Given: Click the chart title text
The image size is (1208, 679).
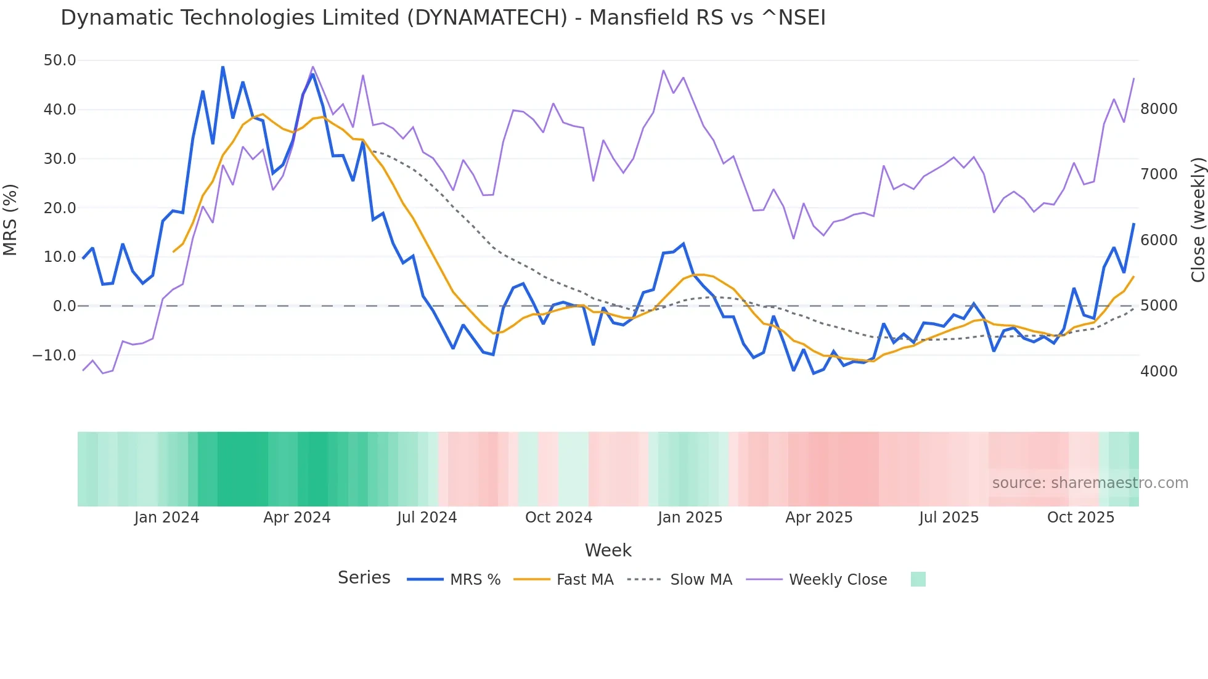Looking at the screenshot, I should coord(443,18).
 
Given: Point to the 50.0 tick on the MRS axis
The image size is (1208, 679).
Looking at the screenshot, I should coord(60,60).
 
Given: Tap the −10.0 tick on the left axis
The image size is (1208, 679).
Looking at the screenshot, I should coord(54,356).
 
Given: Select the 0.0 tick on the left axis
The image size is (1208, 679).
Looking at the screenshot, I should coord(64,306).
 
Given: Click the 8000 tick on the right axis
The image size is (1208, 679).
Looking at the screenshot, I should coord(1159,109).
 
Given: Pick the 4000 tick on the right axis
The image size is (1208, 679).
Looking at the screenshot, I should coord(1159,372).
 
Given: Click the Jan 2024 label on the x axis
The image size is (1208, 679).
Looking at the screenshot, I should coord(166,518).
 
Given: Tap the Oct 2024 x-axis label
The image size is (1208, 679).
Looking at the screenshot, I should coord(558,518).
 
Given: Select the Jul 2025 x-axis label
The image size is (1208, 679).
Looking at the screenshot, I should coord(949,518).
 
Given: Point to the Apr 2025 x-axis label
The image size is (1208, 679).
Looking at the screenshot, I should coord(818,518).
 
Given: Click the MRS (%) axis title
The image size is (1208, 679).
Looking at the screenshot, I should coord(10,220).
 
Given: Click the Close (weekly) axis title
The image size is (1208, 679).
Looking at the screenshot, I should coord(1198,220).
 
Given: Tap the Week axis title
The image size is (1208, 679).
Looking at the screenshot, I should coord(608,550).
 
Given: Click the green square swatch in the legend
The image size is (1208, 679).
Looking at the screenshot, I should coord(918,579).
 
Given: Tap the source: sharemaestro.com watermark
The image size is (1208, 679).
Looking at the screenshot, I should coord(1090,483).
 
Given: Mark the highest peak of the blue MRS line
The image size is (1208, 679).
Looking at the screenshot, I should coord(222,67).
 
